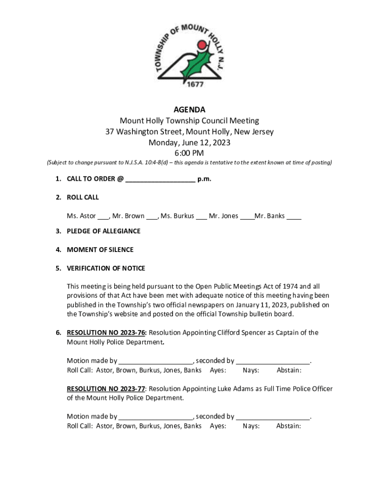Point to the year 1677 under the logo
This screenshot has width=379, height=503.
coord(189,84)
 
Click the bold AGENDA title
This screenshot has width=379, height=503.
coord(189,110)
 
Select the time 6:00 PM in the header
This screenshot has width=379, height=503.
coord(189,153)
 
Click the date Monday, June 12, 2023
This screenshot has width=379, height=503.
coord(189,142)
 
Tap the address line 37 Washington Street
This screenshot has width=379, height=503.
coord(189,132)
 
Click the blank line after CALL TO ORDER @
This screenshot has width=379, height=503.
coord(160,179)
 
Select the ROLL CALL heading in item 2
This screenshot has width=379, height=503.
coord(83,197)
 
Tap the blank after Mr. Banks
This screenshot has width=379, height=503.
coord(294,217)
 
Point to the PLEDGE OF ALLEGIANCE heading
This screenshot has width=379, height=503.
coord(103,231)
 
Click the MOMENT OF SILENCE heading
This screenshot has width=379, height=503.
coord(100,250)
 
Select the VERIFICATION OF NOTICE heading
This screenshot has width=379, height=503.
coord(106,269)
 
